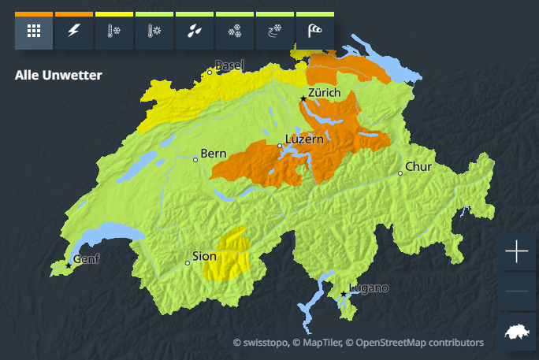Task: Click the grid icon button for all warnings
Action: pos(34,32)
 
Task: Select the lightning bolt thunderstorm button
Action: pos(74,32)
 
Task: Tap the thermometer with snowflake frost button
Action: pos(114,32)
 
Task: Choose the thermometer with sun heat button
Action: pos(154,32)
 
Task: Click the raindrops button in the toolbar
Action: pos(195,32)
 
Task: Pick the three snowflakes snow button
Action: pos(235,32)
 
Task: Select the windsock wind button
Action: pos(315,32)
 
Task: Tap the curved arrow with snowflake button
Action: pos(275,32)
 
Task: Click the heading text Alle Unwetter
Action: pos(58,76)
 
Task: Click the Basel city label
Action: pos(229,65)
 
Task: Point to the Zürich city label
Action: pos(324,93)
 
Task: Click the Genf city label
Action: pos(87,259)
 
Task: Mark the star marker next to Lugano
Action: pos(344,295)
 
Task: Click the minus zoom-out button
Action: pos(517,291)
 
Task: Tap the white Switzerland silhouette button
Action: pos(517,331)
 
